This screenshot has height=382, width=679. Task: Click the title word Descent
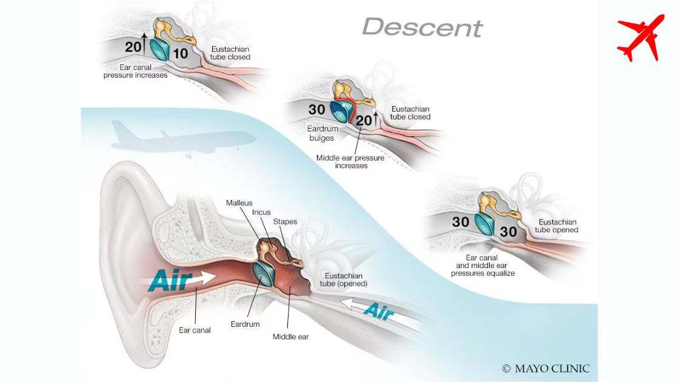coord(422,27)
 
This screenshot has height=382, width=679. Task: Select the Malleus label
coord(239,203)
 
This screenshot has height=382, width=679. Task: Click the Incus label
coord(261,212)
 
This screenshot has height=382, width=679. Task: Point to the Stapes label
coord(285,221)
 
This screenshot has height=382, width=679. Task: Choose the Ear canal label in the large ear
coord(195,330)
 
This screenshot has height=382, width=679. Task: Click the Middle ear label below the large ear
coord(290,337)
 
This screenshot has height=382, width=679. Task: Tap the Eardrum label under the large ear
coord(245,324)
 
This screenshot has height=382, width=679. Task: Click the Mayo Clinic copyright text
coord(546,368)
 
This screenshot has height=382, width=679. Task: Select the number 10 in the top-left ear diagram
coord(180,53)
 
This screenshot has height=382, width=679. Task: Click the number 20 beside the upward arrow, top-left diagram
coord(133,47)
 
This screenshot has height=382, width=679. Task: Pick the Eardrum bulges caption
coord(321,133)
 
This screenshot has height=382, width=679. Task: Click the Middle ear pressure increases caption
coord(350,161)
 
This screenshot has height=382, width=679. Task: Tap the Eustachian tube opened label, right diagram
coord(557,226)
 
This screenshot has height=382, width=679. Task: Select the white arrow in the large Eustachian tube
coord(379,310)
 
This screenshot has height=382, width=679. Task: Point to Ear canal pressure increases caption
coord(135,72)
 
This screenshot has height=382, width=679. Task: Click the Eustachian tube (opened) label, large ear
coord(346,279)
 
